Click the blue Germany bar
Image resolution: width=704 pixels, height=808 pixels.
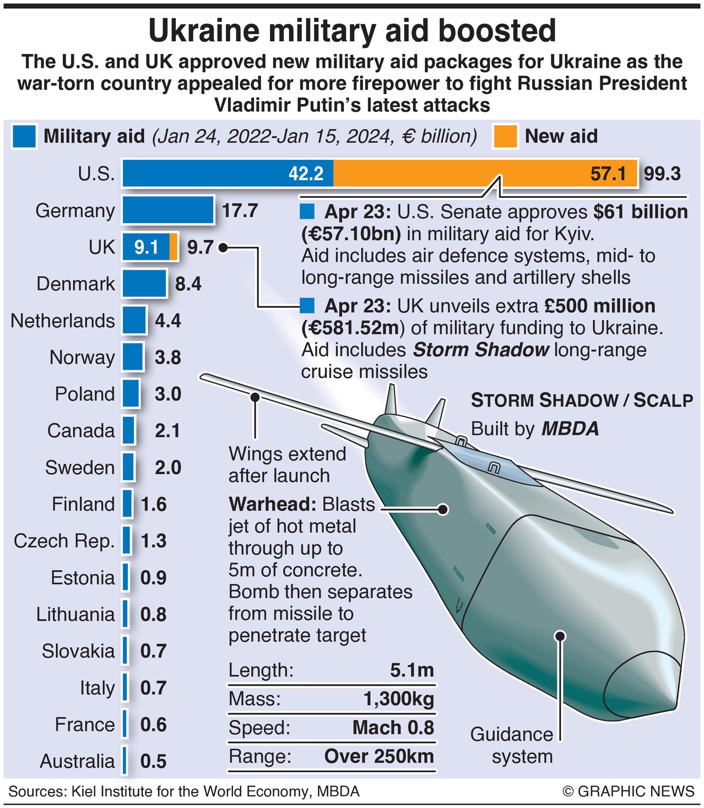[167, 210]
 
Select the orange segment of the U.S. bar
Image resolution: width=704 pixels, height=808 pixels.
[485, 173]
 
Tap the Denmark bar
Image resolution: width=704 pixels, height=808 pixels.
[144, 284]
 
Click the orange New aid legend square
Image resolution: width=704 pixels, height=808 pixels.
[505, 137]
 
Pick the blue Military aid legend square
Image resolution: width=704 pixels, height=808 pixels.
[24, 137]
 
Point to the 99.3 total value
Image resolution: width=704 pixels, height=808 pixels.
[662, 174]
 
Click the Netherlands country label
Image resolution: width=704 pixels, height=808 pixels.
[63, 321]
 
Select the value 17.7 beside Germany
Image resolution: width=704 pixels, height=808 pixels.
[240, 210]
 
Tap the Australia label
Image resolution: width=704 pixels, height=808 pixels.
[77, 761]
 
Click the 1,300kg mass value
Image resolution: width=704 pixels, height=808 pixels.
[399, 699]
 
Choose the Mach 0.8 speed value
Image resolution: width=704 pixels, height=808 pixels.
[393, 728]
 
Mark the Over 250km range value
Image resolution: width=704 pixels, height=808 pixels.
[379, 756]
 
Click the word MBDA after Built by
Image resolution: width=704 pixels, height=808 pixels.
[570, 429]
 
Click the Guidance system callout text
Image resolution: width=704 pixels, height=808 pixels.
[512, 745]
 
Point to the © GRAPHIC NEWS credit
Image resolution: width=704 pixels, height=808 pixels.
[629, 791]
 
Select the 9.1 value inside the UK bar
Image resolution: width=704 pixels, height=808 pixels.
[146, 247]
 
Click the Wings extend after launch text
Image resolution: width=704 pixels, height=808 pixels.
[287, 464]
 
